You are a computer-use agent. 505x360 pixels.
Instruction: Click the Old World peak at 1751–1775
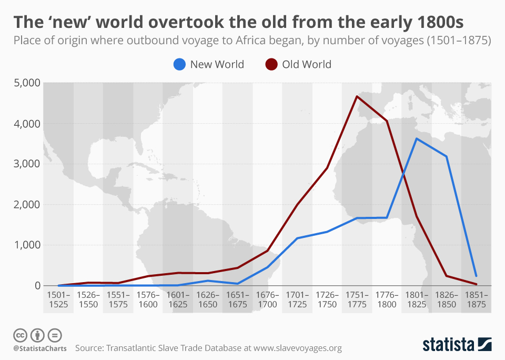(357, 96)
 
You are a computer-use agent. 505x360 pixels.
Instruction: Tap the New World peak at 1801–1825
(417, 139)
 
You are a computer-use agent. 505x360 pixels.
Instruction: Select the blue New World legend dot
(179, 65)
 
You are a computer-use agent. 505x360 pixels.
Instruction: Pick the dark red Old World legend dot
(271, 65)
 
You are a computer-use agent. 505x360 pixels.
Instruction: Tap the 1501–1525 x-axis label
(58, 299)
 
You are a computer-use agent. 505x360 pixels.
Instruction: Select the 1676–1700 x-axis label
(267, 299)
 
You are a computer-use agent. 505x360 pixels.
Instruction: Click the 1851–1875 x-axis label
(476, 299)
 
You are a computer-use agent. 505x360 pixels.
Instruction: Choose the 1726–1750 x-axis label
(327, 299)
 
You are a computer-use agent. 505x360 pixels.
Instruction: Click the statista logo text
(448, 345)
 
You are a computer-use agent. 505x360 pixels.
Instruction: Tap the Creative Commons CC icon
(20, 335)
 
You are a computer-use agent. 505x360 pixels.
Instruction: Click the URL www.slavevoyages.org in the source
(298, 348)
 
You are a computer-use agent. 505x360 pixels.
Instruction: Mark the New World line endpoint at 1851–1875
(476, 276)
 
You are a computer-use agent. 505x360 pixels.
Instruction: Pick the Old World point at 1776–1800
(387, 122)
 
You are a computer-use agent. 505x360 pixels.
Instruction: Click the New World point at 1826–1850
(447, 156)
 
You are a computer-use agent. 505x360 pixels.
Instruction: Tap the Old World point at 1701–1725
(297, 204)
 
